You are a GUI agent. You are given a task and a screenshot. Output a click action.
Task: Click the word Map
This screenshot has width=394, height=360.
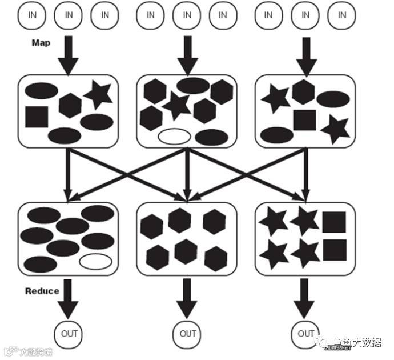[x=41, y=43]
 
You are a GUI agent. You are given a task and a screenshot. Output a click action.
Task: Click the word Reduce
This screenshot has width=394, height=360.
[x=42, y=291]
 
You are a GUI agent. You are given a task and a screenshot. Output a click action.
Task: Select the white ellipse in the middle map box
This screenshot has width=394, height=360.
[x=174, y=137]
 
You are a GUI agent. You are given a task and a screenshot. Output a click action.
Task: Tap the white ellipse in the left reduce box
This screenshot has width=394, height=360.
[x=95, y=262]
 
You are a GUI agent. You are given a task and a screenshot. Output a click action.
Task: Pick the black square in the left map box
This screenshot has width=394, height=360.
[x=36, y=116]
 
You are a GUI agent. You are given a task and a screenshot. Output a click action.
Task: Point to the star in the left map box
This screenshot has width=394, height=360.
[x=98, y=95]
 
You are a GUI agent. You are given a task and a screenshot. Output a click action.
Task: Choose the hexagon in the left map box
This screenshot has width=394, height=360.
[x=70, y=105]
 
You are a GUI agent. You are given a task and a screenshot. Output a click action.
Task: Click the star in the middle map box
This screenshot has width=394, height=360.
[x=176, y=106]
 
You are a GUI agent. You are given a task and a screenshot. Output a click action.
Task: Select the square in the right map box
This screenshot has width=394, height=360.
[x=304, y=120]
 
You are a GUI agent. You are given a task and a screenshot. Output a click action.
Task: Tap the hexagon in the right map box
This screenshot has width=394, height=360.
[x=303, y=91]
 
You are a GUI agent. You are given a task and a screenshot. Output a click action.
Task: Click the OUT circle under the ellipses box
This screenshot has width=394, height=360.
[x=69, y=333]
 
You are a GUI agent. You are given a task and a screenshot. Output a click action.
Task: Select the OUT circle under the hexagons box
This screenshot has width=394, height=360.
[x=187, y=333]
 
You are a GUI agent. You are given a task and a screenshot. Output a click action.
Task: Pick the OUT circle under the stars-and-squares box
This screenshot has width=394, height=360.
[x=305, y=333]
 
